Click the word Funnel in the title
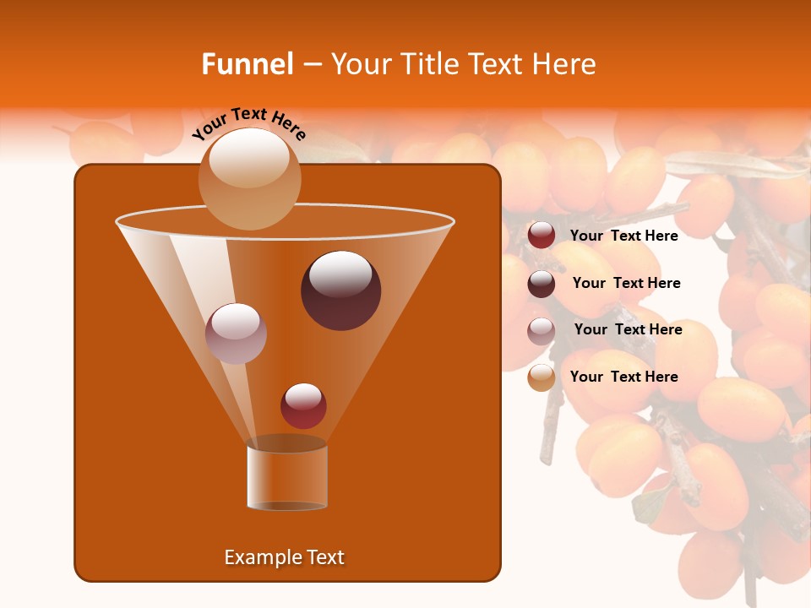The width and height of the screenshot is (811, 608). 248,64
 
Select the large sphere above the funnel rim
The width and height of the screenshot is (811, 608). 249,178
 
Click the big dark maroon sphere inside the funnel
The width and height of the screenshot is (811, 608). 340,290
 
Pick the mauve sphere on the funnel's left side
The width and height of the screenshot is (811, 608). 236,333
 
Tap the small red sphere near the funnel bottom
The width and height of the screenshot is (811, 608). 303,405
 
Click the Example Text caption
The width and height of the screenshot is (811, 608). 284,557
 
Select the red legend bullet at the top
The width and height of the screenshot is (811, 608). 542,236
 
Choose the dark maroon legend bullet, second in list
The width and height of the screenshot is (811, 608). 542,284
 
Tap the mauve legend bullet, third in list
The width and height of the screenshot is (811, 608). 542,330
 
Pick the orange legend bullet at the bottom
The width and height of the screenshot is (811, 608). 542,377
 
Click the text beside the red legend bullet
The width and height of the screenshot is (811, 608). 623,236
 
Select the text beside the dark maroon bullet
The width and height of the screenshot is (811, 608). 626,283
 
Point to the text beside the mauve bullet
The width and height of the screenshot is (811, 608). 628,329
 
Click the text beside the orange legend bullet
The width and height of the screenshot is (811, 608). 623,377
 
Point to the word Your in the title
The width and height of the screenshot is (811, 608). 359,64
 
